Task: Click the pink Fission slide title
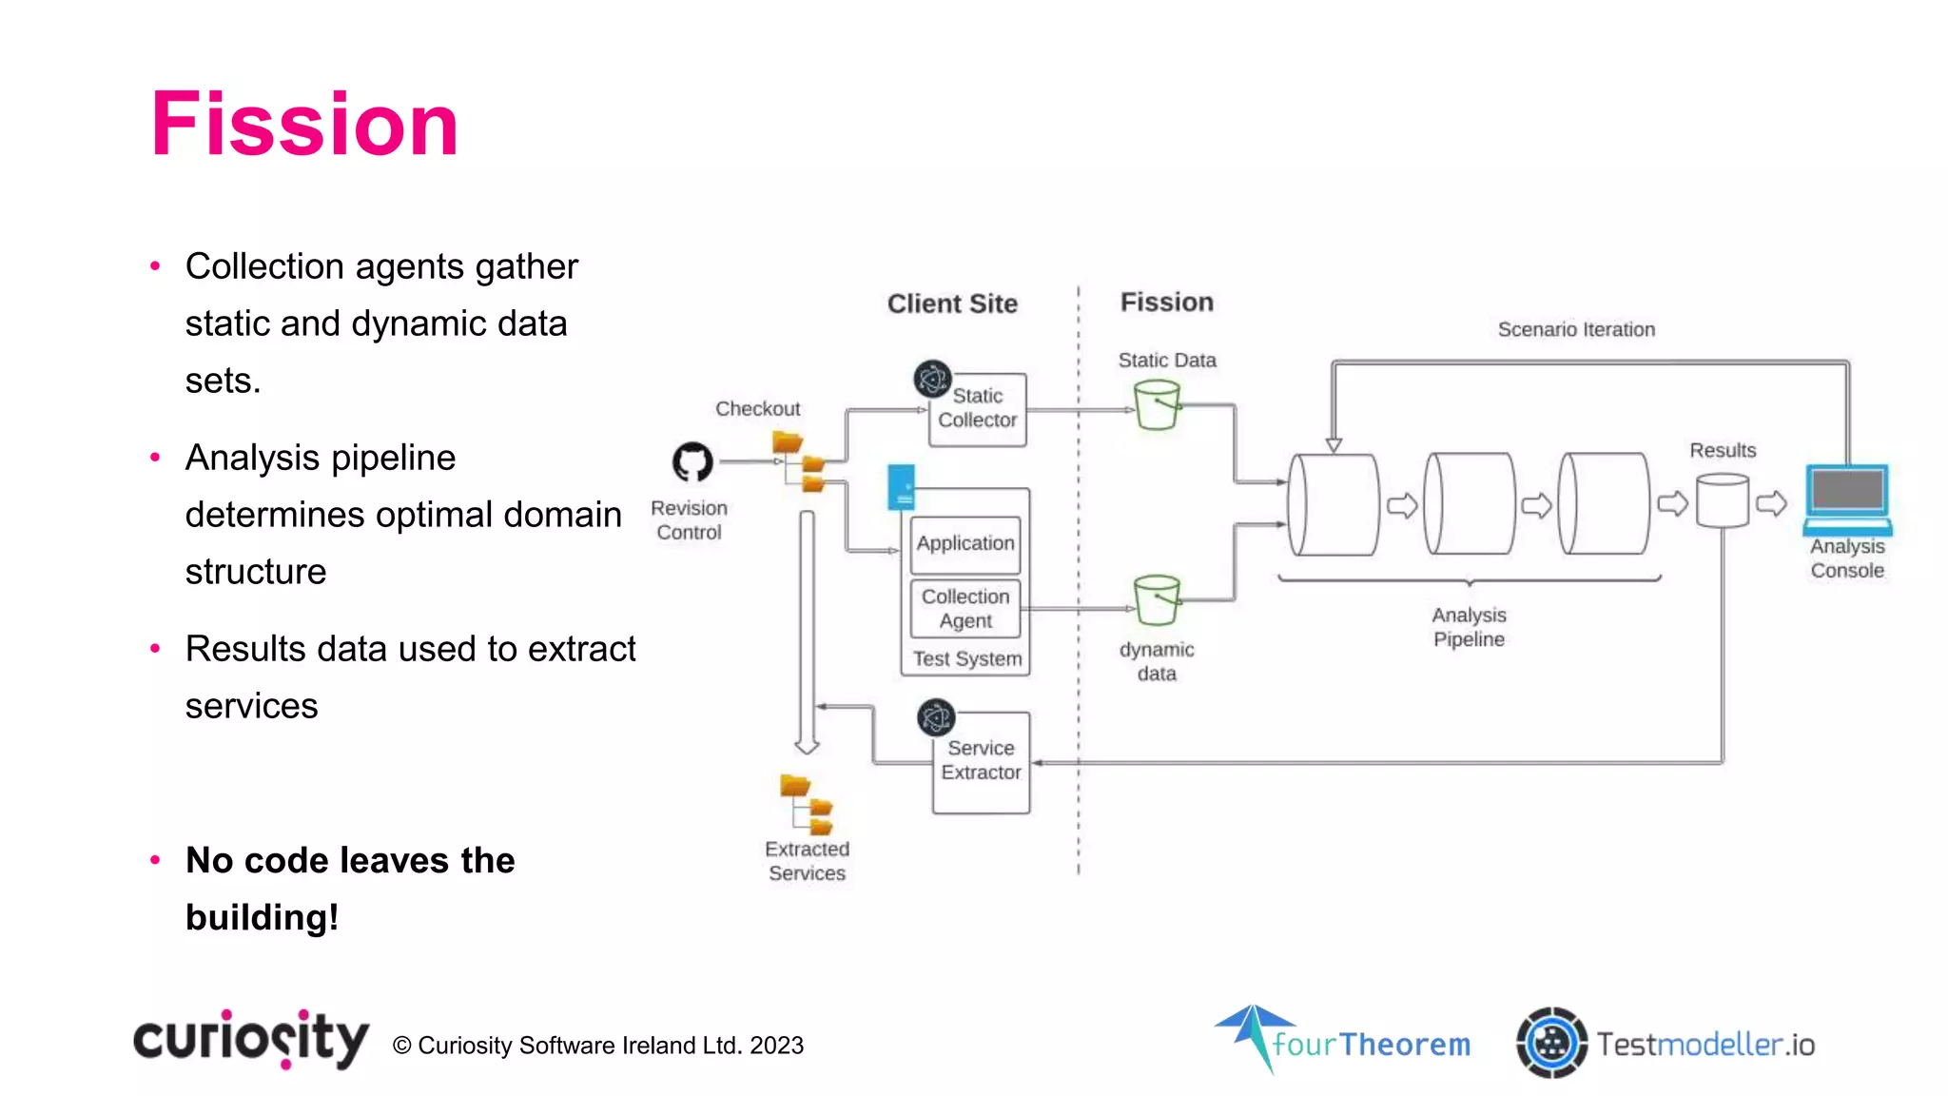[304, 125]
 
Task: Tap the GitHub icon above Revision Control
[692, 462]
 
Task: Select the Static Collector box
[978, 409]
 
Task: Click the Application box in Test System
[965, 543]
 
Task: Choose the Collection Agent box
[965, 609]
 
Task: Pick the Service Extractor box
[981, 762]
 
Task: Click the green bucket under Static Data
[1157, 405]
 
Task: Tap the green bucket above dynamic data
[1157, 600]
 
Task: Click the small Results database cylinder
[1723, 501]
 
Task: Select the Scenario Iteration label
[1576, 329]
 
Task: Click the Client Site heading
[952, 303]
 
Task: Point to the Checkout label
[757, 409]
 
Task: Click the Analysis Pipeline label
[1469, 627]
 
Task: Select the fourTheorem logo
[1343, 1042]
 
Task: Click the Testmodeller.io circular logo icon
[1551, 1043]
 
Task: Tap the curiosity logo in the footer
[251, 1040]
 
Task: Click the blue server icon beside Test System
[901, 487]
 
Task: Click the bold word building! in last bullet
[262, 918]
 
